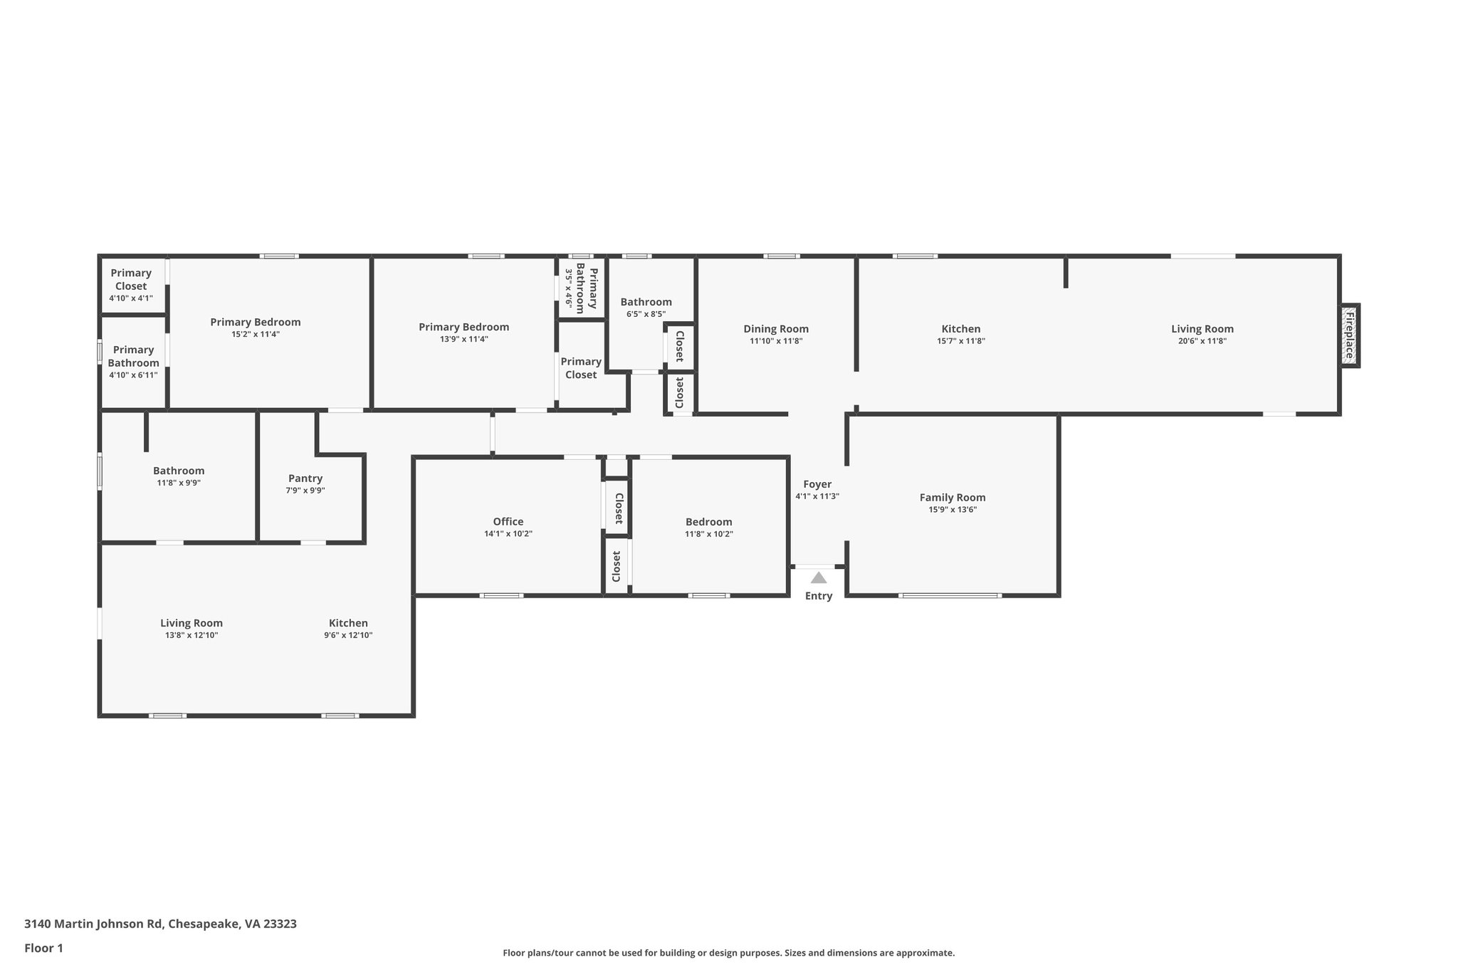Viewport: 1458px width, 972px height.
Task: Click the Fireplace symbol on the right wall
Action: pos(1349,335)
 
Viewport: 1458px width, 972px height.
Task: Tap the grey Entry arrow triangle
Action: pos(819,578)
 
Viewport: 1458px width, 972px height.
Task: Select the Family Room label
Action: pos(952,498)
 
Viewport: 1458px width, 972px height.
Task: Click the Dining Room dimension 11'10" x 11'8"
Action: pos(776,341)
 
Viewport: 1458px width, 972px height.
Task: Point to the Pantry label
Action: pos(305,479)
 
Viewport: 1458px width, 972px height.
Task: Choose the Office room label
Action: pos(508,521)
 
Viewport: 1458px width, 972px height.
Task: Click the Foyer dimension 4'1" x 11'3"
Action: pos(817,496)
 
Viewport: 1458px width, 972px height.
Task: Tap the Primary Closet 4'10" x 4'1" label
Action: pos(131,279)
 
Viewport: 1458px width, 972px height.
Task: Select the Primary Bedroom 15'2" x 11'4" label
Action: pos(255,322)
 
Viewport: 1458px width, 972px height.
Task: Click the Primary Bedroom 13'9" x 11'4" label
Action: pos(463,327)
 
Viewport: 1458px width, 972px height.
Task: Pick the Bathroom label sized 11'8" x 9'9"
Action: pos(179,471)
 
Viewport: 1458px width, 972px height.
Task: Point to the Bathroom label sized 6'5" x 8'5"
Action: pos(646,302)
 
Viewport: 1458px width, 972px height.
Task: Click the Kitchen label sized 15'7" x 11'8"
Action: pos(961,329)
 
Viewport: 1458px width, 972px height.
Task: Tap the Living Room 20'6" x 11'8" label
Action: pos(1202,329)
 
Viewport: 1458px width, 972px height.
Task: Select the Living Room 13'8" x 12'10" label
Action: pos(191,623)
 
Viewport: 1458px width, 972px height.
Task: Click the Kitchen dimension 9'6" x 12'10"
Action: pos(348,635)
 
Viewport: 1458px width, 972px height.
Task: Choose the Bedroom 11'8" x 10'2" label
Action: pos(708,522)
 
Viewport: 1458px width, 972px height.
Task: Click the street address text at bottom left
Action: pos(160,924)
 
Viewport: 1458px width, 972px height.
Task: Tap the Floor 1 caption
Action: pos(43,949)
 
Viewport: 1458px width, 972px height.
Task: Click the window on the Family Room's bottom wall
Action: pos(950,595)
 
